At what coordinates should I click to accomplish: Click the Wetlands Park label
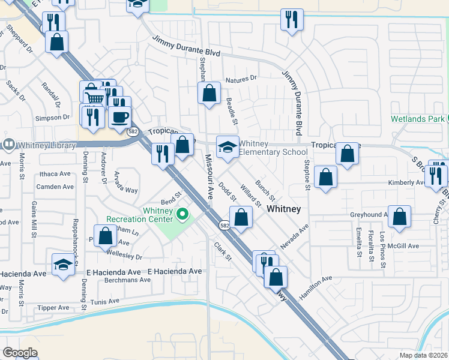[x=418, y=119]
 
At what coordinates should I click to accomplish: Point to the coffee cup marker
[x=121, y=116]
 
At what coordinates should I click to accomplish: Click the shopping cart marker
[x=94, y=98]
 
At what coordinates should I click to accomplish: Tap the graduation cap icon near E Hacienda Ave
[x=63, y=264]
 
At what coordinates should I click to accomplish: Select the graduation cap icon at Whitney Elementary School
[x=227, y=147]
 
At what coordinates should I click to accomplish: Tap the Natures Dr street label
[x=241, y=78]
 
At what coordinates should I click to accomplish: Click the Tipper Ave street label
[x=53, y=307]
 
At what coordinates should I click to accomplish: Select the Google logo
[x=20, y=353]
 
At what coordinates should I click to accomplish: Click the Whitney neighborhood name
[x=283, y=209]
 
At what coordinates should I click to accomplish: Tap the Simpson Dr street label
[x=53, y=118]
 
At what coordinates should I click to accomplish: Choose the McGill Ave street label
[x=403, y=246]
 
